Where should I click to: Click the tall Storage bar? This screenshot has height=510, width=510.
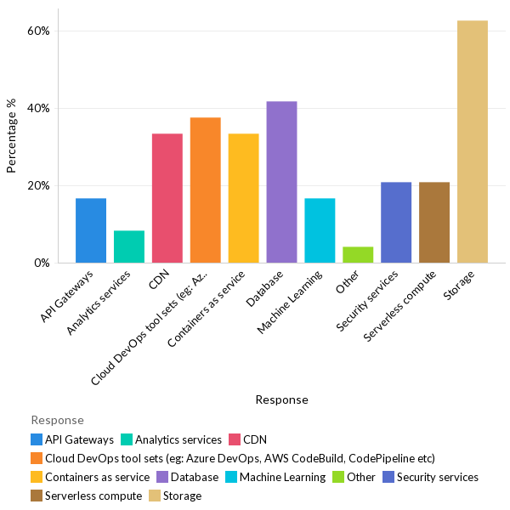pos(473,142)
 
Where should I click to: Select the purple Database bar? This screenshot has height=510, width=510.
pos(281,182)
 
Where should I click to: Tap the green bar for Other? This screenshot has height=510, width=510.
pos(358,255)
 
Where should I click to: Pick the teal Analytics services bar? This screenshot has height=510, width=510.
pos(129,246)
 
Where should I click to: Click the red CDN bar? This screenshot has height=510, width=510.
pos(167,198)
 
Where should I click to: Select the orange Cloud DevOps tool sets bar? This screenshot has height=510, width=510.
pos(205,190)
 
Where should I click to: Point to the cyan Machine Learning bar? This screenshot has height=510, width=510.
pos(320,230)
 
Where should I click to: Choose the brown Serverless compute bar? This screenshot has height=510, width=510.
pos(434,223)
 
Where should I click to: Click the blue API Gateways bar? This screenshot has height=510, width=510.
pos(91,230)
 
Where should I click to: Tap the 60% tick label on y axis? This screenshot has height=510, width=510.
pos(39,31)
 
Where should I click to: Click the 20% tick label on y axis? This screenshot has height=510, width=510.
pos(39,186)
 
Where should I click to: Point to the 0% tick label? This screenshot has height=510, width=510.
pos(42,263)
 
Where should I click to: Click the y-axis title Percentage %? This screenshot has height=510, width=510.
pos(12,136)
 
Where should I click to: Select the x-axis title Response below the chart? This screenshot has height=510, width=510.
pos(281,399)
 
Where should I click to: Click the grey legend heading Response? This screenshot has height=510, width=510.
pos(57,420)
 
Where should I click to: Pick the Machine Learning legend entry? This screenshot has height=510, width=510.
pos(282,477)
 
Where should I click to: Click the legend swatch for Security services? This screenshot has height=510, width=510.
pos(388,477)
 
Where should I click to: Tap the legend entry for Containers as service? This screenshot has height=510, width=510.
pos(97,477)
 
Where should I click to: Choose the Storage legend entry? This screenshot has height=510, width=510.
pos(182,496)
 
